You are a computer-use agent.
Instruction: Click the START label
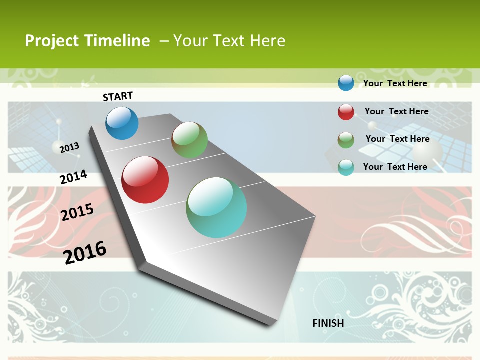[x=118, y=96]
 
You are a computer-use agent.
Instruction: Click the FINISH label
[x=328, y=323]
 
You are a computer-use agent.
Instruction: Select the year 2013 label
[x=69, y=147]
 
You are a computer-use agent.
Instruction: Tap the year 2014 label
[x=73, y=177]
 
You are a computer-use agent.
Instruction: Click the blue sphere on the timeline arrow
[x=122, y=123]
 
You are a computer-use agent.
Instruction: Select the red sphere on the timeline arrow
[x=145, y=180]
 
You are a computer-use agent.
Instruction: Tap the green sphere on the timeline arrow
[x=189, y=140]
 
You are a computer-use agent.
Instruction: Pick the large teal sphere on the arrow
[x=216, y=207]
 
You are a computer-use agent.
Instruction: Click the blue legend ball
[x=346, y=83]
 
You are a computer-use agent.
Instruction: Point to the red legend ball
[x=346, y=112]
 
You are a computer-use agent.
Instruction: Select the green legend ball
[x=346, y=140]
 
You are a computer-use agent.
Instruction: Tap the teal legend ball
[x=346, y=167]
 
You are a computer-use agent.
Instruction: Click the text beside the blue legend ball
[x=395, y=83]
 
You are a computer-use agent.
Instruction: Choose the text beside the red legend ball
[x=396, y=111]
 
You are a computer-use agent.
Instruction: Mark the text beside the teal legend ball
[x=395, y=167]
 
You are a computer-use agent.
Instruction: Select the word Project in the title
[x=52, y=41]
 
